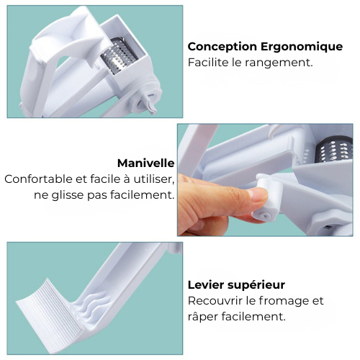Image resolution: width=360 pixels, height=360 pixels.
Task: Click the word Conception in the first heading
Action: [222, 47]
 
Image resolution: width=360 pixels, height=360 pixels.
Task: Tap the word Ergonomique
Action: [302, 47]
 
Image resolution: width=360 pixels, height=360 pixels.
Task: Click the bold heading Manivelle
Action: [145, 163]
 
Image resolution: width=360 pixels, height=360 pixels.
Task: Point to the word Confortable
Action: [38, 179]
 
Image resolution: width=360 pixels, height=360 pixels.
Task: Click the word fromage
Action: [280, 302]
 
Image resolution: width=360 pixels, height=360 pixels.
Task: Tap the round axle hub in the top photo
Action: [147, 101]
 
